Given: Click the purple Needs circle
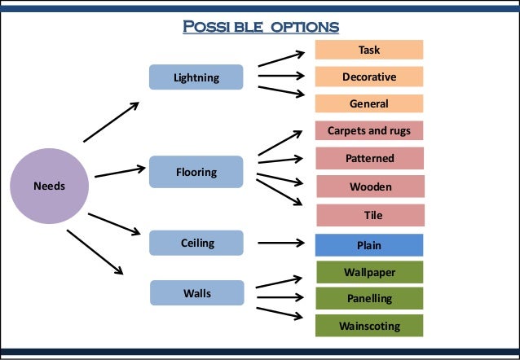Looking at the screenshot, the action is point(49,186).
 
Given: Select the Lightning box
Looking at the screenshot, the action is point(196,77).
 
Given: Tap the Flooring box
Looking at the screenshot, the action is point(196,172).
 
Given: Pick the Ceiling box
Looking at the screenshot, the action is point(196,242).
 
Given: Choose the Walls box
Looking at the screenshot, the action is point(196,292).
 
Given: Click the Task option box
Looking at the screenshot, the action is point(369,50).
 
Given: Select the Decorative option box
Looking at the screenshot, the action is point(369,77).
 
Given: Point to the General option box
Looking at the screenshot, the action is point(369,103).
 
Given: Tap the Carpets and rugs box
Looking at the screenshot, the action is point(369,130).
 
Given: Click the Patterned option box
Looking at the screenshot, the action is point(369,158).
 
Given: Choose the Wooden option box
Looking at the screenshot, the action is point(369,187).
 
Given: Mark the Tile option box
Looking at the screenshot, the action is point(369,215).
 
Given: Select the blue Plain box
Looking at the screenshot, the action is point(369,244).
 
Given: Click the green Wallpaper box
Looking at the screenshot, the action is point(369,271).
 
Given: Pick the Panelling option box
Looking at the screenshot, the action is point(369,298).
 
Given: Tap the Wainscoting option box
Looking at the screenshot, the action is point(369,326).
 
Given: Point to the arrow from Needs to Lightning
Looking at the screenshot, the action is point(111,122).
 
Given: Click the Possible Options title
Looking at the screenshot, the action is point(260,26).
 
